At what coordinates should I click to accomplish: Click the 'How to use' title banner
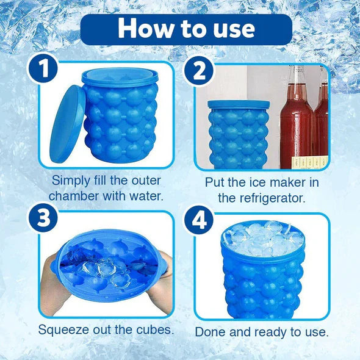point(186,29)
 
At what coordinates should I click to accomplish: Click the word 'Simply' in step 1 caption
point(72,180)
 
